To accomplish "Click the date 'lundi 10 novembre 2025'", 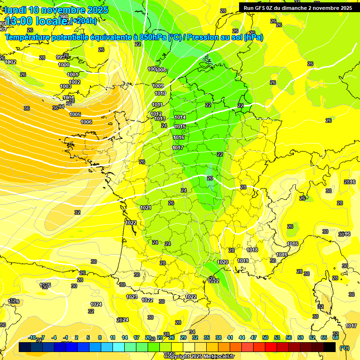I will point(56,10).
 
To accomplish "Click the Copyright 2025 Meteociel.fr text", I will point(199,356).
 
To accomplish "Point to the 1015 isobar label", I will point(180,127).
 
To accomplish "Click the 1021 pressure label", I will point(146,208).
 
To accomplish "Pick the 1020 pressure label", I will point(223,262).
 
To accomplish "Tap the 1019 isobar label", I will point(243,261).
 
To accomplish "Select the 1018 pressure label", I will point(252,250).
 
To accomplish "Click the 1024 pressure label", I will point(96,304).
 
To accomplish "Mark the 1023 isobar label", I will point(132,297).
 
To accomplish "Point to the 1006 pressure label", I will point(86,122).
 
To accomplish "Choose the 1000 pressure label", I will point(64,65).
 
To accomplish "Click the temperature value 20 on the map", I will point(210,178).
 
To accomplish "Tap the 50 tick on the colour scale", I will point(265,337).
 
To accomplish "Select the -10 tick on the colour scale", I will point(32,337).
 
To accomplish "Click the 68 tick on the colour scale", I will point(336,337).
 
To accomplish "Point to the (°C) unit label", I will point(345,348).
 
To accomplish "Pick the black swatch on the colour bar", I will point(330,347).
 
